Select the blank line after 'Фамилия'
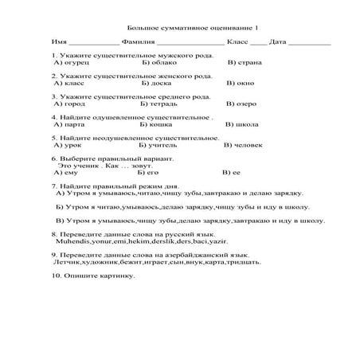(x=190, y=41)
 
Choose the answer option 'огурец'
(x=76, y=61)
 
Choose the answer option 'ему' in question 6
(x=70, y=173)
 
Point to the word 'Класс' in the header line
(x=237, y=41)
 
